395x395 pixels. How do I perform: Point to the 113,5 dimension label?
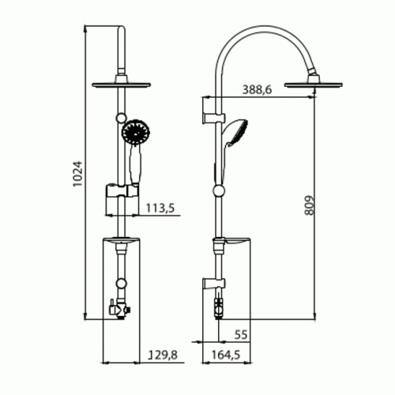tap(162, 209)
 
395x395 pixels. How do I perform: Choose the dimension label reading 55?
tap(241, 334)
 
